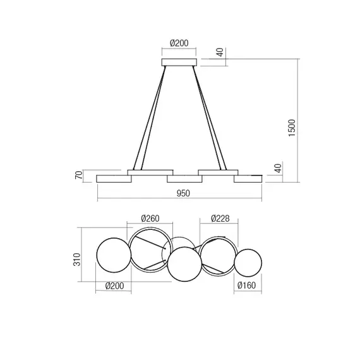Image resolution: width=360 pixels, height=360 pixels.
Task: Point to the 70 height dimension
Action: [x=79, y=175]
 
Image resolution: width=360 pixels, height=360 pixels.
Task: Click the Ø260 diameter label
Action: [x=150, y=219]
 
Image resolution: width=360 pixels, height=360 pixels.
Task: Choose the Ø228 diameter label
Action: [x=219, y=219]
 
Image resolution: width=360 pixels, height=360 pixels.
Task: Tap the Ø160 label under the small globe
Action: [x=247, y=286]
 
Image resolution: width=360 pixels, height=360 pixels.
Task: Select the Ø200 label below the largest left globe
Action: [x=113, y=286]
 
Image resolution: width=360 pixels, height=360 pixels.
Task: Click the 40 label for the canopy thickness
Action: [x=220, y=53]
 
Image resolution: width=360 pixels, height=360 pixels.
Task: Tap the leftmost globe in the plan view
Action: [x=113, y=253]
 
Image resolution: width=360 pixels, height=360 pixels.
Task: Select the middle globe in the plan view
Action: [x=184, y=264]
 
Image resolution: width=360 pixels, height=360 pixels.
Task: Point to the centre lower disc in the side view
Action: [x=184, y=179]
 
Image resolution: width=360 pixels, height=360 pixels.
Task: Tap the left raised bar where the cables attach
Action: [x=150, y=171]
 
